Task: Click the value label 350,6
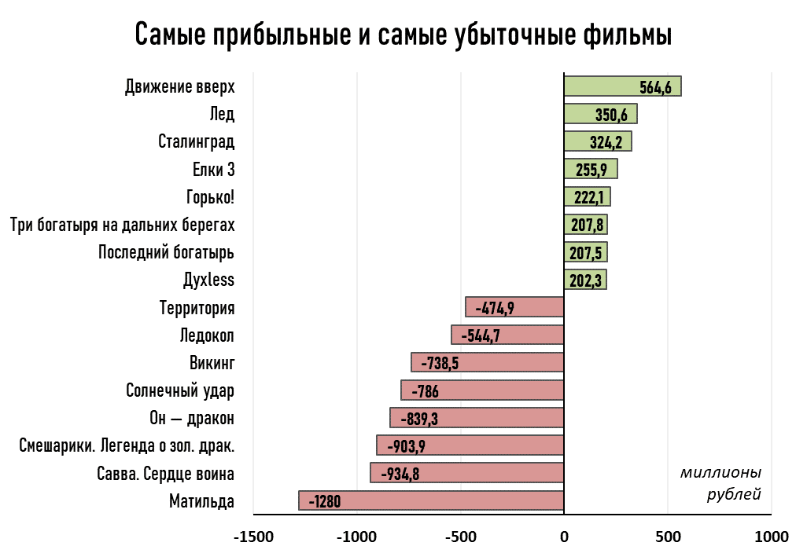[x=611, y=115]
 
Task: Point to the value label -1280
[x=324, y=501]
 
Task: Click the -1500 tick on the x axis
[x=253, y=537]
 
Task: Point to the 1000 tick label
[x=771, y=537]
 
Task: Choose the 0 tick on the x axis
[x=564, y=537]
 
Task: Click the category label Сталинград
[x=196, y=141]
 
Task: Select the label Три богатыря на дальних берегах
[x=122, y=225]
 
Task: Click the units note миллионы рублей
[x=721, y=483]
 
